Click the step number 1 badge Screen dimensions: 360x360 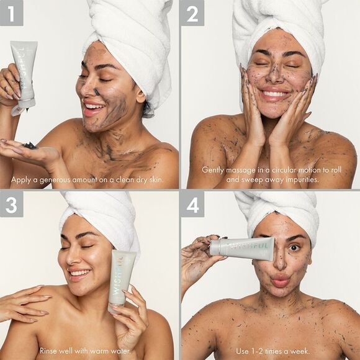point(12,12)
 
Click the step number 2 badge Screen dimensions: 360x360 point(192,12)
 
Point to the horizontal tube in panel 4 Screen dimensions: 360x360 point(242,248)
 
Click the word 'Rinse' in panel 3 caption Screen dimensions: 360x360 point(50,351)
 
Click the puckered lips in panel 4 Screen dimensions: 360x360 point(279,281)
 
